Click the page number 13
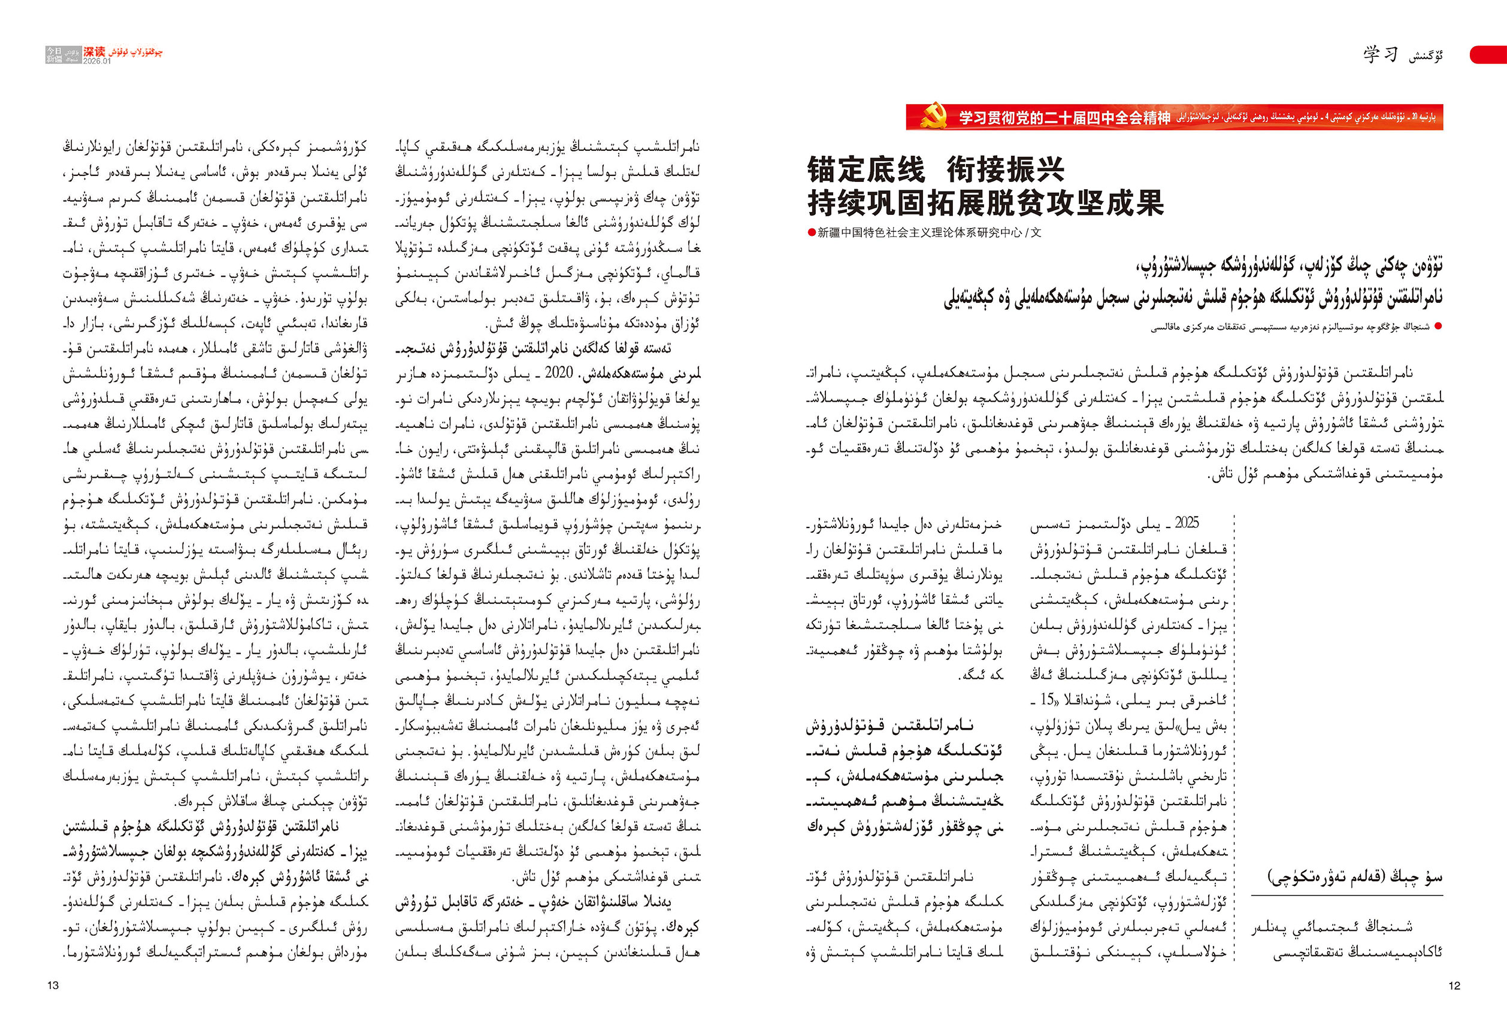[53, 985]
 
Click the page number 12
[1454, 985]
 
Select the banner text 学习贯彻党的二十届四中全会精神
[1065, 118]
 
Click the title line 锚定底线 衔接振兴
[935, 170]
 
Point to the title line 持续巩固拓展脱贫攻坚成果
[986, 203]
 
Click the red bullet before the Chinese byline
[811, 233]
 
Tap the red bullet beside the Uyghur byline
[1438, 327]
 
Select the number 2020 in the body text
[558, 372]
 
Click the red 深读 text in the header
[94, 51]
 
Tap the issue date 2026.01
[97, 61]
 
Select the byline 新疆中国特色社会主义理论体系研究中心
[919, 233]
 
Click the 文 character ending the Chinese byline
[1036, 233]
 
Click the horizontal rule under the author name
[1347, 896]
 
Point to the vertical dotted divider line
[1234, 739]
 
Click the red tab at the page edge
[1490, 54]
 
